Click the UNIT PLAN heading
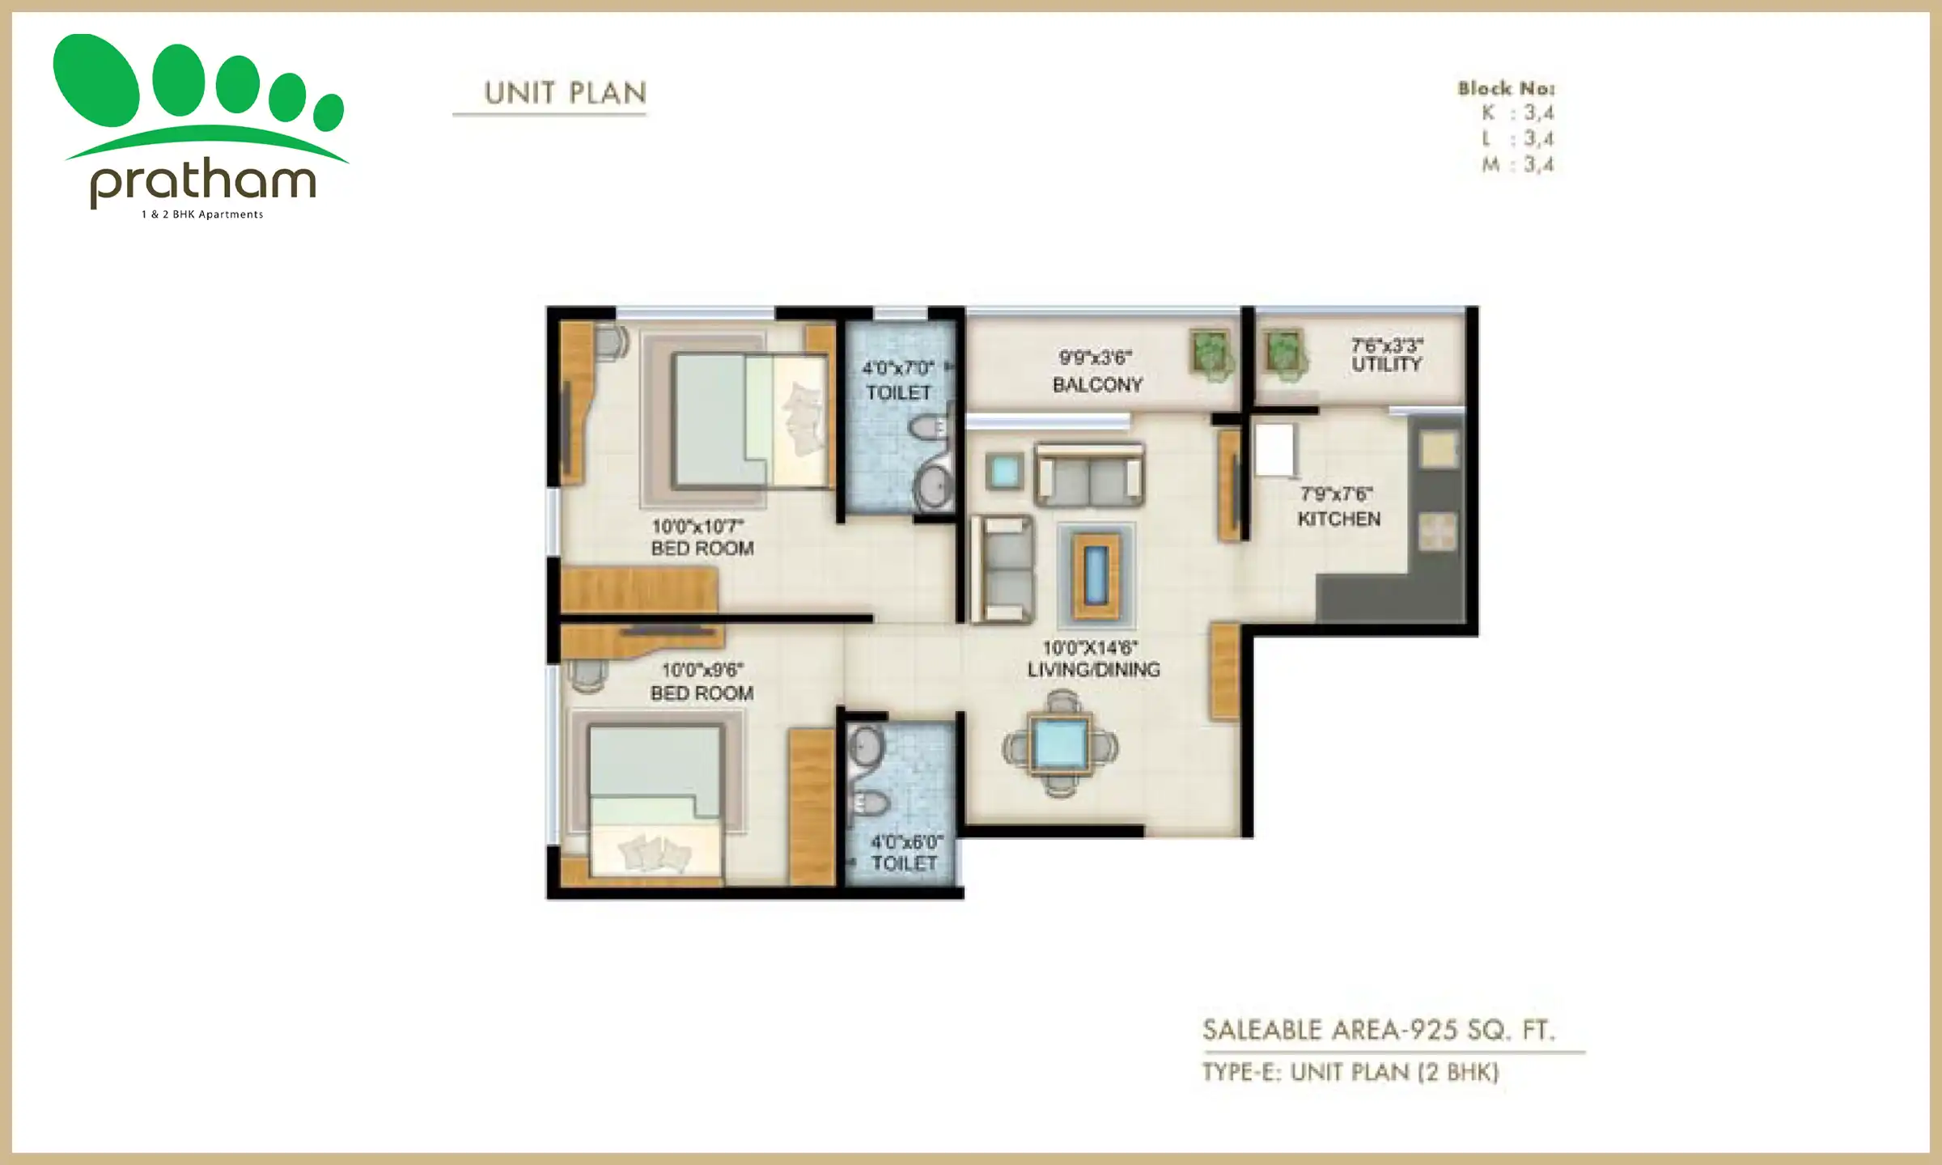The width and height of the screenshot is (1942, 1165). pos(565,93)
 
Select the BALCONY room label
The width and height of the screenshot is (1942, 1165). pos(1097,385)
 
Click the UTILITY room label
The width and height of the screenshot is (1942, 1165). pos(1386,365)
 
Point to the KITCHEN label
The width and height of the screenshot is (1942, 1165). pos(1338,519)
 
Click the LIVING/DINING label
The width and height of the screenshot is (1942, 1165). pos(1093,670)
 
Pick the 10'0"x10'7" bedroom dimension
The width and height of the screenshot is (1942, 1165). pos(698,527)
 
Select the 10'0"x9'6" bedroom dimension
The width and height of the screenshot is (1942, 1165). pos(702,671)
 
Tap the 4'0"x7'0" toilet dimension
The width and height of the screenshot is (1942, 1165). pos(898,369)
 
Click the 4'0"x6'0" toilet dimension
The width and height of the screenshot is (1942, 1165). pos(906,841)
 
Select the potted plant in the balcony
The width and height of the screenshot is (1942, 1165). pos(1211,354)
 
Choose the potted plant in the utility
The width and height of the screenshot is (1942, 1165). pos(1285,354)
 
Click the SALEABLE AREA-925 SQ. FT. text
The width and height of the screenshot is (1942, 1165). pos(1378,1030)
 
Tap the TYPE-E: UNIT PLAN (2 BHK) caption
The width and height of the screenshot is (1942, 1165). pos(1350,1072)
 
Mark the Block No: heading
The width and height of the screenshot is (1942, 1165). pos(1506,88)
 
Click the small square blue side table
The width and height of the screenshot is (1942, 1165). pos(1004,471)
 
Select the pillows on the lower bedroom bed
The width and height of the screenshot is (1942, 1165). pos(655,853)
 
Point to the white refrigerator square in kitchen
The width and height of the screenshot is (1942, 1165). pos(1274,450)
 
